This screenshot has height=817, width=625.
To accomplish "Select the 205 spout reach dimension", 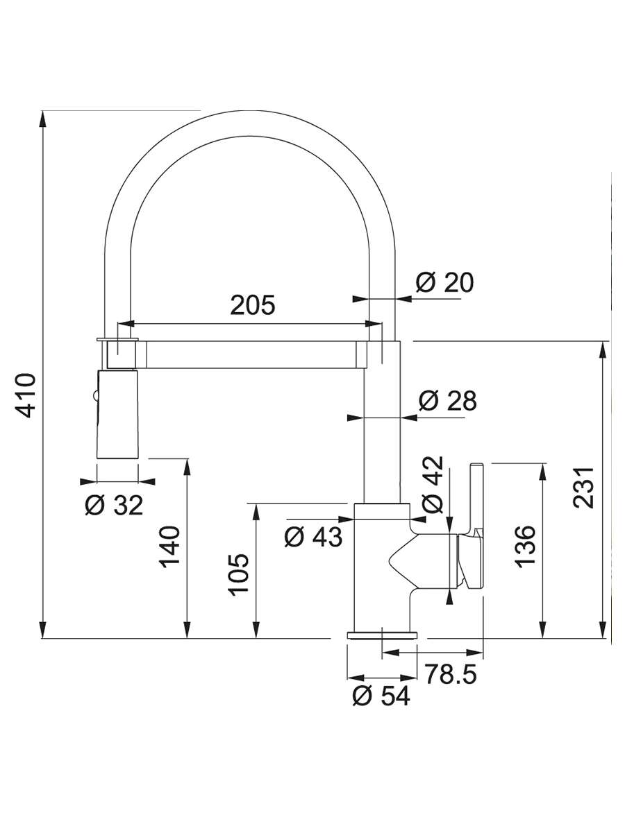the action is pyautogui.click(x=253, y=305).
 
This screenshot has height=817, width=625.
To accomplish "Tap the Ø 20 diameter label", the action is pyautogui.click(x=444, y=282).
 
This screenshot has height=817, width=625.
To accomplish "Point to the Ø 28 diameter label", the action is pyautogui.click(x=448, y=401).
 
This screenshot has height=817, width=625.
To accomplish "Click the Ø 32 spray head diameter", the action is pyautogui.click(x=114, y=504).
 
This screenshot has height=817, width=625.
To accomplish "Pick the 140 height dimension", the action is pyautogui.click(x=170, y=547).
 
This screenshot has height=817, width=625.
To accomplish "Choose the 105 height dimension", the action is pyautogui.click(x=240, y=574).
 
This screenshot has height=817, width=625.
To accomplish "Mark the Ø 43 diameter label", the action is pyautogui.click(x=314, y=537).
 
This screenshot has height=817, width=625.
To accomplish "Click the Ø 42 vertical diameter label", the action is pyautogui.click(x=433, y=485).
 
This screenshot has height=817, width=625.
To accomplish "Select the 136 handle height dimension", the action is pyautogui.click(x=524, y=546).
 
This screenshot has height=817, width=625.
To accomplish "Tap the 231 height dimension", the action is pyautogui.click(x=583, y=487).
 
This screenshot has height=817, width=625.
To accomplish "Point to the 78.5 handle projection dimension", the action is pyautogui.click(x=450, y=674).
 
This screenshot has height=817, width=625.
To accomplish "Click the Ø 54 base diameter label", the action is pyautogui.click(x=381, y=696).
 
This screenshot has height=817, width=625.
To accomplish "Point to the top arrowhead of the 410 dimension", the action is pyautogui.click(x=42, y=118).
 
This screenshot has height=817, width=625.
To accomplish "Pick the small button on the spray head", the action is pyautogui.click(x=94, y=397).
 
